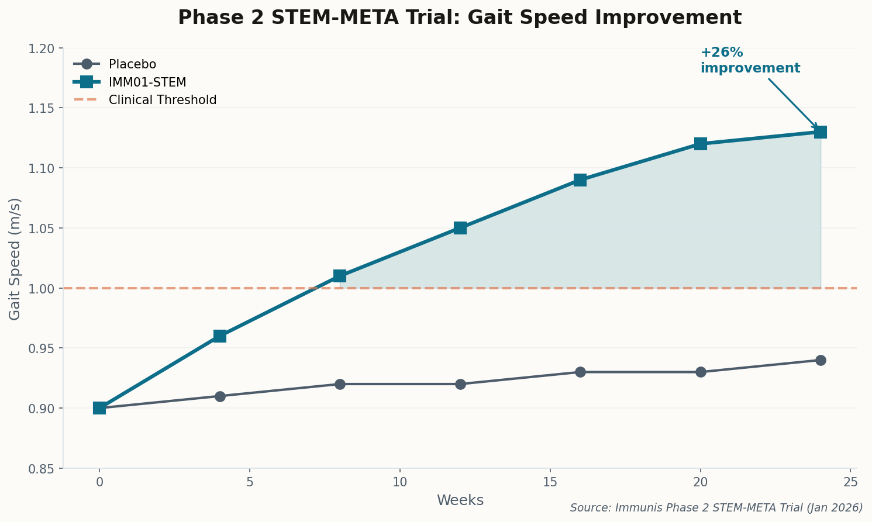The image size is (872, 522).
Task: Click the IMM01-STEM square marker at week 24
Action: (821, 132)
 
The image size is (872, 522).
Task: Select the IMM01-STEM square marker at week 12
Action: (460, 228)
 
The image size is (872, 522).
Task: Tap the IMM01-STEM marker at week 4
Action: (220, 336)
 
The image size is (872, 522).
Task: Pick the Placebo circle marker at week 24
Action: (821, 360)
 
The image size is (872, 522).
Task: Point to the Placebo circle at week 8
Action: (340, 384)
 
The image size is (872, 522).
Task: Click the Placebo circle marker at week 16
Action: (580, 372)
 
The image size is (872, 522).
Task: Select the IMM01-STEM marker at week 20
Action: (701, 144)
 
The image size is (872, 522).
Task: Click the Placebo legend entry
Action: (132, 64)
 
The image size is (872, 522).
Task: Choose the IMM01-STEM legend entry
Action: (147, 82)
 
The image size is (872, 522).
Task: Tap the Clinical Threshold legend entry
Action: (162, 100)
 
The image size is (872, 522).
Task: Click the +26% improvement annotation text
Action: (750, 61)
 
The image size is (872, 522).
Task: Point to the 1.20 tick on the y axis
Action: (46, 49)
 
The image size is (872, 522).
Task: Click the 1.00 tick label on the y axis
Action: (46, 289)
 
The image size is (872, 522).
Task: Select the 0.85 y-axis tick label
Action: (46, 469)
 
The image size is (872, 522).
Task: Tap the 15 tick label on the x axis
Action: (550, 482)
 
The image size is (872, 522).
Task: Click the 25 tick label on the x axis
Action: (850, 482)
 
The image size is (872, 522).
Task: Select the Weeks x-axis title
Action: (460, 500)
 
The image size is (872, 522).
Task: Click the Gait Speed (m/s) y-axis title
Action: (15, 259)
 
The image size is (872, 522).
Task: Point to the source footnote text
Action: (716, 507)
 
